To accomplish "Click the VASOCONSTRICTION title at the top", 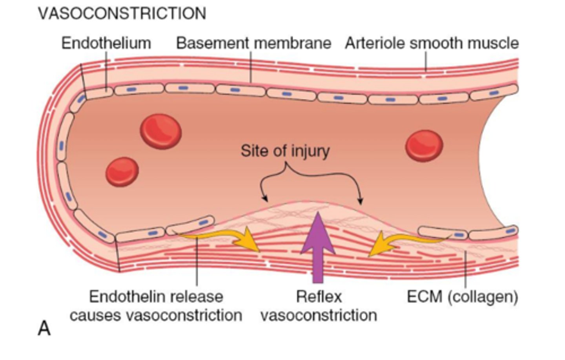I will [122, 14].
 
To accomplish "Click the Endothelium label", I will [106, 43].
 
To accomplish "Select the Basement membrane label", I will [253, 43].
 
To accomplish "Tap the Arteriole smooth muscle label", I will [432, 43].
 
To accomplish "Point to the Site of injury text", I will [285, 151].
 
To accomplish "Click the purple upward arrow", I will [318, 247].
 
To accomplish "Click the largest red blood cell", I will [161, 131].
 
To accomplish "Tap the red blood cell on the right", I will [424, 145].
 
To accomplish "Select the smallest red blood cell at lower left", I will [122, 171].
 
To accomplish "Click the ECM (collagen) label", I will [463, 297].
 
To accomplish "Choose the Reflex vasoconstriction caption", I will [319, 306].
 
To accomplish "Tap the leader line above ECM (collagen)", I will [465, 271].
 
